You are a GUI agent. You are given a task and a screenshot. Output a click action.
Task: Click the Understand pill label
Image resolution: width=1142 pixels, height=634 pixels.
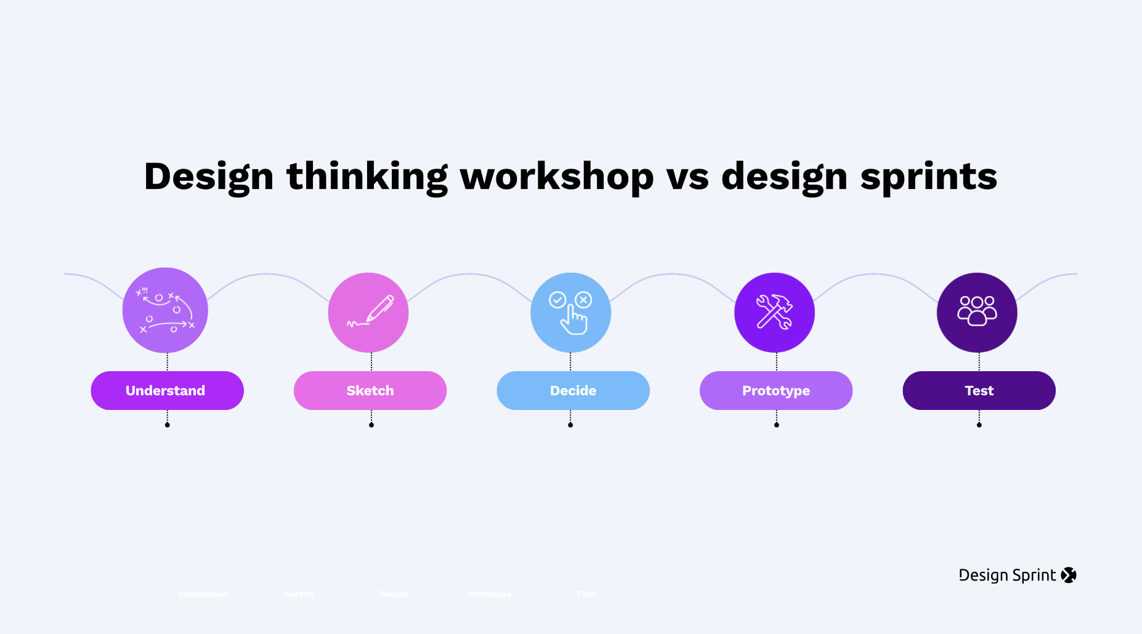pyautogui.click(x=166, y=391)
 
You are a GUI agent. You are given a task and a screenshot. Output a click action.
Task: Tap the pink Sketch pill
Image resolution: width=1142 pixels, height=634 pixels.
pyautogui.click(x=370, y=391)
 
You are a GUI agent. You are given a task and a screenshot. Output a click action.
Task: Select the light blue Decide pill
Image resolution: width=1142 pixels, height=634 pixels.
pyautogui.click(x=573, y=391)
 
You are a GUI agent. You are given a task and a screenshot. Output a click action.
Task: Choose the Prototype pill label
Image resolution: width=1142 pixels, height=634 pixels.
pyautogui.click(x=776, y=391)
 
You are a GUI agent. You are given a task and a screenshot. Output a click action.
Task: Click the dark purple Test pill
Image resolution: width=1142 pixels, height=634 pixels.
pyautogui.click(x=979, y=391)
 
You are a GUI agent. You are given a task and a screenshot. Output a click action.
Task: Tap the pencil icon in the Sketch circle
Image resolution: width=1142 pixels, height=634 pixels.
pyautogui.click(x=378, y=308)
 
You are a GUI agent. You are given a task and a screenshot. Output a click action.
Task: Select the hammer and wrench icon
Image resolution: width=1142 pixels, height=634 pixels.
pyautogui.click(x=774, y=312)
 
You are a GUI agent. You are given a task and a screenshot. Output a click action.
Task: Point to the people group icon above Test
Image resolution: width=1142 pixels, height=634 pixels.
pyautogui.click(x=977, y=310)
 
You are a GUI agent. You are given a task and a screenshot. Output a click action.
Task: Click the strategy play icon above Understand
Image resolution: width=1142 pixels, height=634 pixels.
pyautogui.click(x=165, y=310)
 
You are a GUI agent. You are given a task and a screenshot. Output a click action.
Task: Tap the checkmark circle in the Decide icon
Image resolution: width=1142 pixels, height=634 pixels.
pyautogui.click(x=557, y=300)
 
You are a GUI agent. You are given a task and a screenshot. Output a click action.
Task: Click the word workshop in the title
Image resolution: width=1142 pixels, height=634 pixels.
pyautogui.click(x=557, y=177)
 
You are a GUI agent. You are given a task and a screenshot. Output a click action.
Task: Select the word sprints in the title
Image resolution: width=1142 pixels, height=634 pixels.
pyautogui.click(x=928, y=177)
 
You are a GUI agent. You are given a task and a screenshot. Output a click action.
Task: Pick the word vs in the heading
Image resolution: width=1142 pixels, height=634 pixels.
pyautogui.click(x=687, y=177)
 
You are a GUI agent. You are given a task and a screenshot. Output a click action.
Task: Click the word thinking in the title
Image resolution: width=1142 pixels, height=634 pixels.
pyautogui.click(x=367, y=177)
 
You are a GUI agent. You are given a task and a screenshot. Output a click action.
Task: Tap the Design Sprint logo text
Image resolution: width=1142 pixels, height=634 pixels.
pyautogui.click(x=1007, y=575)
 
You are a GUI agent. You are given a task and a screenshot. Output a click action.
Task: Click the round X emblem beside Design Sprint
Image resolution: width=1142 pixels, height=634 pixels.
pyautogui.click(x=1069, y=575)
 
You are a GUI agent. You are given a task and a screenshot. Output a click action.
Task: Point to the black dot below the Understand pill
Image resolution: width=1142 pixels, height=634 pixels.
pyautogui.click(x=167, y=425)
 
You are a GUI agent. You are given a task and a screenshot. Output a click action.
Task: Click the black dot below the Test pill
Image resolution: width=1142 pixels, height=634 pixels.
pyautogui.click(x=979, y=425)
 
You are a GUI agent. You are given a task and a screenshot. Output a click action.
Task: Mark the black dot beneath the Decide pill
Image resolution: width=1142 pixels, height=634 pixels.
pyautogui.click(x=570, y=425)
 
